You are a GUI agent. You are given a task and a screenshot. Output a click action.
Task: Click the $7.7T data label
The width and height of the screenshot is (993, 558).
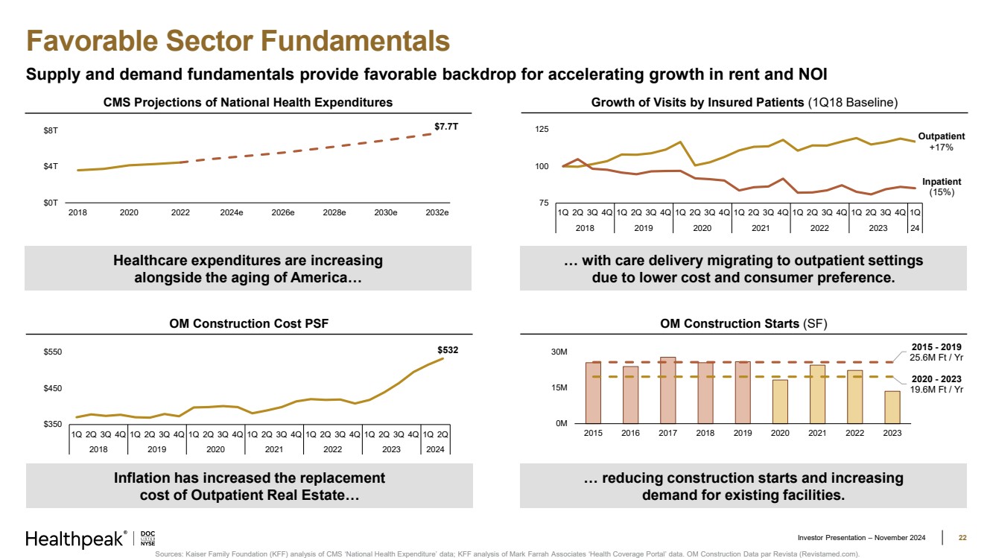446,127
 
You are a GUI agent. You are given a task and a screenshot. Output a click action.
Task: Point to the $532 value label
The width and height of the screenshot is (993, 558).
448,349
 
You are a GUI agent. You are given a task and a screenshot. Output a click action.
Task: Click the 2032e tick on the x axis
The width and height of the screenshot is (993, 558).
437,213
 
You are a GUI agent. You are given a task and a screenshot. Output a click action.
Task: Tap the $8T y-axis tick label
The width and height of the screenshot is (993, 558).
50,131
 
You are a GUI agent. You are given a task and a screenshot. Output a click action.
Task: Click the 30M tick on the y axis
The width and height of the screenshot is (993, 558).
559,352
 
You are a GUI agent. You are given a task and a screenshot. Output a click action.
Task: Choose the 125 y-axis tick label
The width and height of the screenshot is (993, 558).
542,130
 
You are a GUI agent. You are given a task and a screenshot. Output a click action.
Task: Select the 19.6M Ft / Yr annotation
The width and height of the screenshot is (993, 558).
936,389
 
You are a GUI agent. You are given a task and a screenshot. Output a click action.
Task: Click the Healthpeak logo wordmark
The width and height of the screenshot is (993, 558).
74,539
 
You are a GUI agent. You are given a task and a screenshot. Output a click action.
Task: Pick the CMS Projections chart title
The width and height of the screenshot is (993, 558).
247,102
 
